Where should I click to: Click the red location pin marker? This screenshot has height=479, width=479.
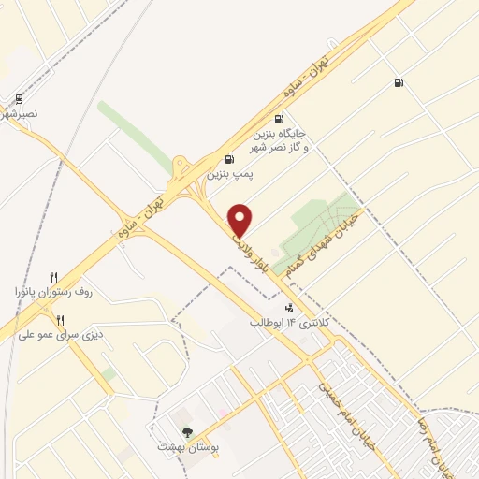click(x=241, y=221)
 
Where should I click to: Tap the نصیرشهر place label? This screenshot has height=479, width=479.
click(x=21, y=116)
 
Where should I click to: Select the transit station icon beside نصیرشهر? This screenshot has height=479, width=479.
click(x=20, y=98)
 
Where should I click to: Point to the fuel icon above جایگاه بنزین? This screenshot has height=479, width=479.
click(x=278, y=120)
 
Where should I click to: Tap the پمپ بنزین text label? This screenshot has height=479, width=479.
click(x=229, y=174)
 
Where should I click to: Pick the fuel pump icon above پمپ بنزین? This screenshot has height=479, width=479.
click(x=229, y=158)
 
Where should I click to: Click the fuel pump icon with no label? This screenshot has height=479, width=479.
click(x=399, y=83)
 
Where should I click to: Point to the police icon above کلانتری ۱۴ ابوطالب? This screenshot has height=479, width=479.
click(x=288, y=306)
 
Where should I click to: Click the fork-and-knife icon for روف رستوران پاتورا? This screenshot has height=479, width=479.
click(x=54, y=277)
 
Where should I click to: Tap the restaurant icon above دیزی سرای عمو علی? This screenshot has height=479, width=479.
click(x=61, y=319)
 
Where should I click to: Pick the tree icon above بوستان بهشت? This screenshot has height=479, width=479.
click(x=188, y=431)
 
